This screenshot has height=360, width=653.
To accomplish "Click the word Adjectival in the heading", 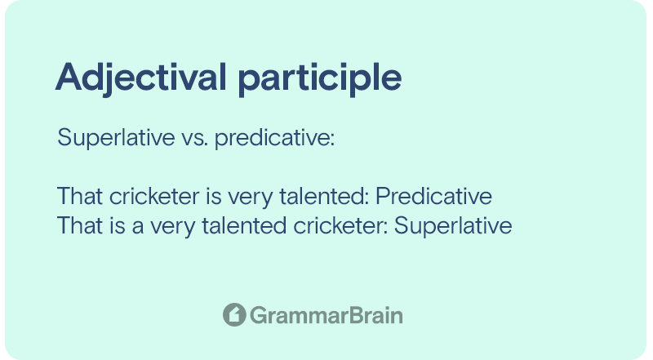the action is pos(140,78).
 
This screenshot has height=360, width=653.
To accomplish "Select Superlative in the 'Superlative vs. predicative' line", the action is pos(116,138).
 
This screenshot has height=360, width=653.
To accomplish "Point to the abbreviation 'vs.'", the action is pos(194,138).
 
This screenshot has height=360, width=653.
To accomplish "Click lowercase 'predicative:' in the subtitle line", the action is pos(274,138).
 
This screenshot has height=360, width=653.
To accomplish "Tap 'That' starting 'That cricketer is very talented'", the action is pos(80,196).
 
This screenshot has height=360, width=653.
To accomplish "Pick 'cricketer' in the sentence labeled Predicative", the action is pos(154,196).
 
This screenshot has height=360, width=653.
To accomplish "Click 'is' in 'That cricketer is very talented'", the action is pos(214,196).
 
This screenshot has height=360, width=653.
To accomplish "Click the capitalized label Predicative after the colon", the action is pos(433,196).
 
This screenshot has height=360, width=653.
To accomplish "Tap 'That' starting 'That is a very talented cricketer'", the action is pos(80,225).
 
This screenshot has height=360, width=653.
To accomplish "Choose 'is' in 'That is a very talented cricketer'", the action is pos(118,225).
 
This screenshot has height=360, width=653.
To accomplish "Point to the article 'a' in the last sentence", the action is pos(138,228).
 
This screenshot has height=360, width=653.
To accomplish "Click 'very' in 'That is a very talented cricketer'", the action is pos(173,228).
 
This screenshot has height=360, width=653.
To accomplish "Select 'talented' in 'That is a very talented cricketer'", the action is pos(244,225).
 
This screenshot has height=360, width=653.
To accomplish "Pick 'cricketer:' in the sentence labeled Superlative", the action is pos(340,225).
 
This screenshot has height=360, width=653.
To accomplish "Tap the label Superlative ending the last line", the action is pos(453,227).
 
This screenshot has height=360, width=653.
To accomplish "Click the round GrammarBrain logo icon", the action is pos(234,314).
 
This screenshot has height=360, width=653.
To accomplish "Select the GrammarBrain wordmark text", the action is pos(326,315).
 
